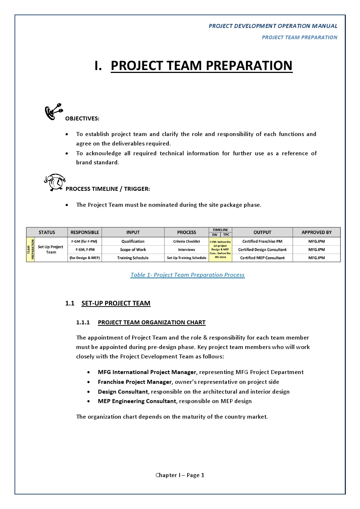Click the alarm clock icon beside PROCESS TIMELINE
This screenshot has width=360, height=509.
55,182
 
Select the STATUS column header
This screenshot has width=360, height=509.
47,232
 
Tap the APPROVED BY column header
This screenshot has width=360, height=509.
316,232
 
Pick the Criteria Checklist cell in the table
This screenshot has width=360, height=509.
187,241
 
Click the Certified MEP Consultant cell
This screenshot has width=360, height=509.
262,258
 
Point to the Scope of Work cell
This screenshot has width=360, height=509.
133,250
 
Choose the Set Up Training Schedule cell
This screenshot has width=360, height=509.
187,258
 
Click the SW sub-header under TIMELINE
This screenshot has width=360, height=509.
214,235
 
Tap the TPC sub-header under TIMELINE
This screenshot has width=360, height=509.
226,235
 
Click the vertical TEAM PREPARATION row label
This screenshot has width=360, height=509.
30,250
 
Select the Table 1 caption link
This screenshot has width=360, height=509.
188,275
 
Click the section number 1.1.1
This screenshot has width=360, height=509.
83,323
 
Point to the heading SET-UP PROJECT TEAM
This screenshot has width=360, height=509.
116,303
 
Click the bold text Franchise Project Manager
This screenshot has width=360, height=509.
135,382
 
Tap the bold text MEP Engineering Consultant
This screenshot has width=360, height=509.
137,401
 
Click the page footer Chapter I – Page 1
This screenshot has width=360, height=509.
180,475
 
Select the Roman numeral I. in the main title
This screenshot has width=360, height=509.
98,66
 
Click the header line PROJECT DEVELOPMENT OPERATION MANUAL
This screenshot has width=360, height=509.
273,26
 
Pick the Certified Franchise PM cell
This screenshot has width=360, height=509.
262,241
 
